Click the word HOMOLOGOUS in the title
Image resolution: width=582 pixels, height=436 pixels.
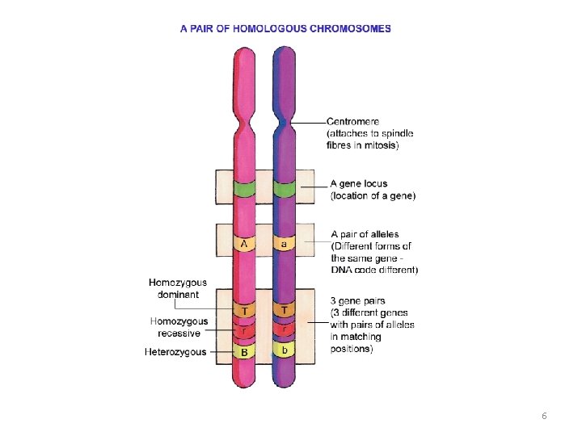pos(262,28)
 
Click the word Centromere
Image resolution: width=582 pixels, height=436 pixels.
pos(352,122)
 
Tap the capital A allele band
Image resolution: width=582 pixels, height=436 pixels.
pos(245,242)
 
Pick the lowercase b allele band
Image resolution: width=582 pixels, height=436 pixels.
pos(284,350)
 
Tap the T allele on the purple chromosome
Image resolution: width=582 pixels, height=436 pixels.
pos(284,310)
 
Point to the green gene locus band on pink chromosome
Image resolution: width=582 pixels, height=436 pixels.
pos(245,190)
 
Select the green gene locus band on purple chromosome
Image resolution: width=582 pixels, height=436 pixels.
pos(284,190)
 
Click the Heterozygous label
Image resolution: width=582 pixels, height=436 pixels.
pos(175,352)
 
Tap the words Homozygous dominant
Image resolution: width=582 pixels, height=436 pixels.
pos(177,289)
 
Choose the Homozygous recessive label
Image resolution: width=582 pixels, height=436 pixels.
pos(178,327)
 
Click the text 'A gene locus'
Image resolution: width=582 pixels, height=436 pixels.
pos(359,184)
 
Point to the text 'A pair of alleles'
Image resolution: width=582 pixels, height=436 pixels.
pos(365,235)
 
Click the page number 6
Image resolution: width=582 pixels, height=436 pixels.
pos(544,416)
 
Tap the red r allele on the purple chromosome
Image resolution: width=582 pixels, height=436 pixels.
pos(284,329)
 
